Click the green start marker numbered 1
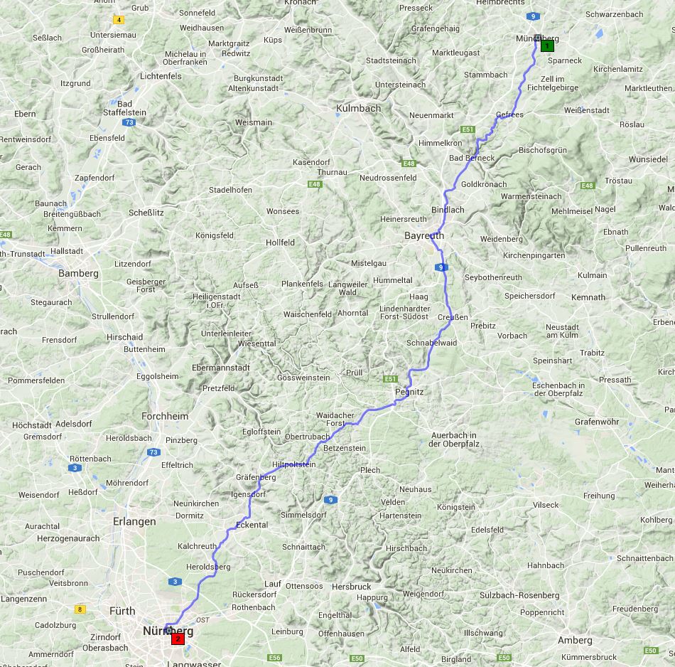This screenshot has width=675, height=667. [547, 46]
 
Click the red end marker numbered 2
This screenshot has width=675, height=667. [178, 639]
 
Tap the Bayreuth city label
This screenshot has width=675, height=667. [423, 235]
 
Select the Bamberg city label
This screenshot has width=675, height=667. [78, 273]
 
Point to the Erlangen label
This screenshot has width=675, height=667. [134, 521]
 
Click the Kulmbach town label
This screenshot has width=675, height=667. [359, 108]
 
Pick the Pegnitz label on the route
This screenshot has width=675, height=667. [409, 392]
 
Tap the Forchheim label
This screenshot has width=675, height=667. [165, 416]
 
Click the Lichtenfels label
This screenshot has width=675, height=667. [161, 76]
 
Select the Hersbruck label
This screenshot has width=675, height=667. [351, 587]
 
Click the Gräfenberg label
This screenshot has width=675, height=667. [256, 478]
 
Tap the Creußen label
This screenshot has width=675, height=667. [453, 317]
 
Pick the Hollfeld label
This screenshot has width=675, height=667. [280, 242]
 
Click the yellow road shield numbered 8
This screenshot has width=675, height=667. [80, 609]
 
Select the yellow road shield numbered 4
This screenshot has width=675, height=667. [118, 20]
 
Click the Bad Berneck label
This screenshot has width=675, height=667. [472, 158]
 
